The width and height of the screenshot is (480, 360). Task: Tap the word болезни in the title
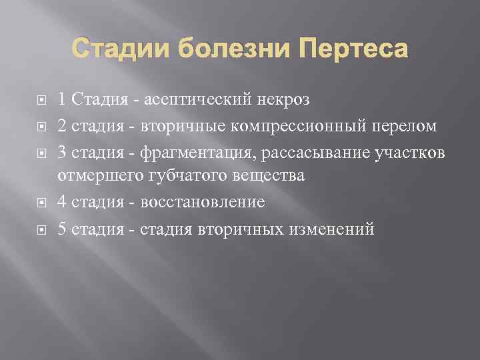[219, 49]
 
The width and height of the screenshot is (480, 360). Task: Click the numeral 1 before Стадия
[62, 100]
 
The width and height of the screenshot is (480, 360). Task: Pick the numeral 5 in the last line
[62, 229]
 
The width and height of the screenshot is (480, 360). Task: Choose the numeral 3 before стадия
[62, 151]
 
